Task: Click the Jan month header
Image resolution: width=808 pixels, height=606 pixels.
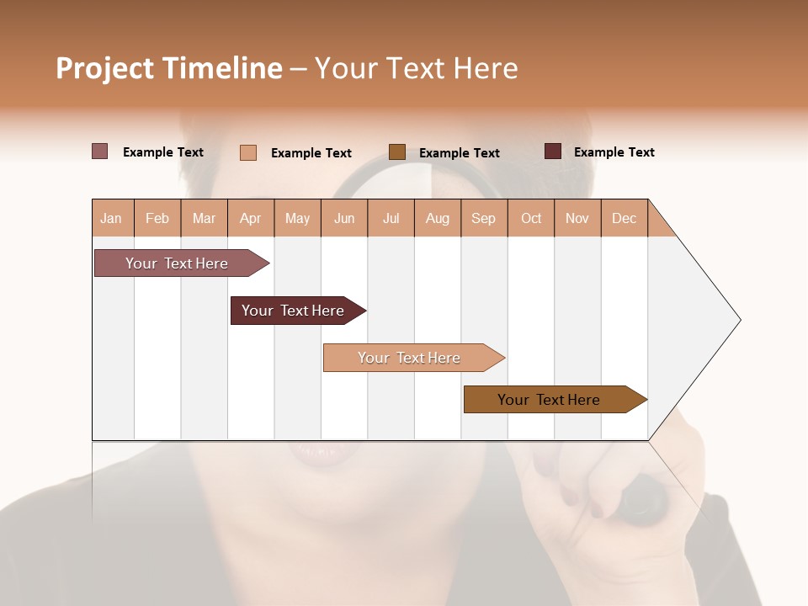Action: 111,219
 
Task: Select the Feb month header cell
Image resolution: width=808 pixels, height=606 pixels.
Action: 157,219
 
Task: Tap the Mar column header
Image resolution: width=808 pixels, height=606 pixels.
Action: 204,219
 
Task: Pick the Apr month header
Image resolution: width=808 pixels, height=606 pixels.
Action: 251,219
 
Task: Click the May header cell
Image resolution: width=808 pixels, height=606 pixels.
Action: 297,219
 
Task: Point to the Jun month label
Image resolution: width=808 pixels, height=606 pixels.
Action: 344,219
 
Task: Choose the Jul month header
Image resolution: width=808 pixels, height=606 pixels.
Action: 391,219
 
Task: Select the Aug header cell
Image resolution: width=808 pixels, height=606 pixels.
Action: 438,219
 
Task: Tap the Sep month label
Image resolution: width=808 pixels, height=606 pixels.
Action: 484,219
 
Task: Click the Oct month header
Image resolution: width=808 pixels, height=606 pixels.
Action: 531,219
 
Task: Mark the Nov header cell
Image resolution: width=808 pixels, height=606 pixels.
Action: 577,219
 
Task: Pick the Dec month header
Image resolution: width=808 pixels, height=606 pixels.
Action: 624,219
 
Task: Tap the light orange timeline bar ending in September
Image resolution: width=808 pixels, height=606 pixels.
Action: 411,358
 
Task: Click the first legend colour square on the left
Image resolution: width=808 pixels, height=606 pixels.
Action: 100,151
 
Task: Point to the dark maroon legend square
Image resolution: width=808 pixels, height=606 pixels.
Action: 553,151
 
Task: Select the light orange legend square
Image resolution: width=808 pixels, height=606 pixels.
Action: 248,152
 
